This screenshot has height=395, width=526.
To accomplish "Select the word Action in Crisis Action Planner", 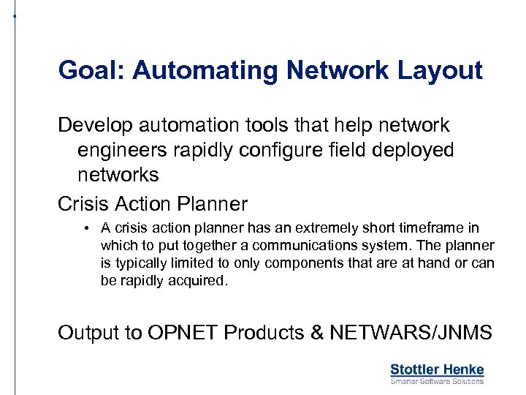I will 153,203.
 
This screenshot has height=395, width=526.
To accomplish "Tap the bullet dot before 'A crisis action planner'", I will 86,228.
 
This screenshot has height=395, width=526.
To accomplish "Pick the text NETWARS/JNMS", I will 411,333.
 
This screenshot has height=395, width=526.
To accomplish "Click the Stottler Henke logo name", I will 437,369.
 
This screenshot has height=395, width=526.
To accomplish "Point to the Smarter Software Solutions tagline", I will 437,381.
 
